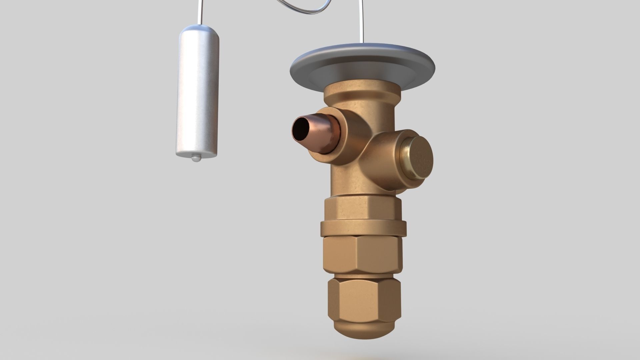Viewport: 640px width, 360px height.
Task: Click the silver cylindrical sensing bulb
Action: [197, 97]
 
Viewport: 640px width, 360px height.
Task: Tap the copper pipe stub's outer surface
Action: [320, 133]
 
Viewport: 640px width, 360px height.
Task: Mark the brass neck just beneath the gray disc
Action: [363, 95]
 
